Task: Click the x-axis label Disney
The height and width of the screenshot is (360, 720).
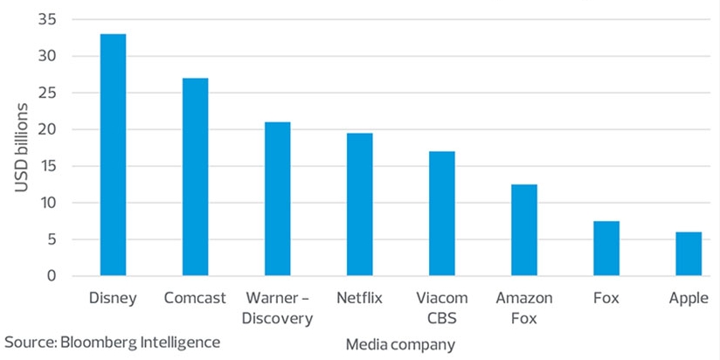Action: point(113,298)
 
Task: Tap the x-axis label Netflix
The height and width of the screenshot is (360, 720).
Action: point(359,298)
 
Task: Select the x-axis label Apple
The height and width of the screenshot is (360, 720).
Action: point(689,298)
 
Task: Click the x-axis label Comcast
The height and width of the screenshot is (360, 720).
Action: point(195,298)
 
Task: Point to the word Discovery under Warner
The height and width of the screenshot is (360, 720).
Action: point(277,318)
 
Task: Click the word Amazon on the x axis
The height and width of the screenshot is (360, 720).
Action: point(524,298)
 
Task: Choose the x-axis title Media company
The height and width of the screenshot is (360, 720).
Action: point(400,344)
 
